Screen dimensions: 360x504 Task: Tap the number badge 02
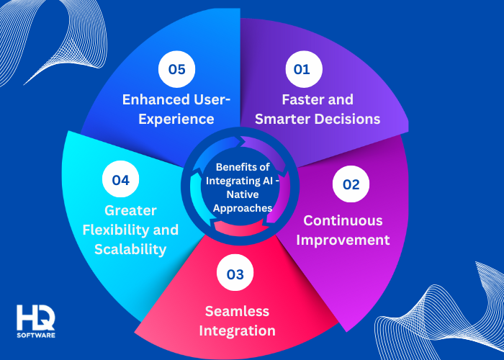pyautogui.click(x=351, y=184)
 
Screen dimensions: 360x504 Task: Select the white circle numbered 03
pyautogui.click(x=235, y=274)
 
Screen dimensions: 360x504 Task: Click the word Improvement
pyautogui.click(x=346, y=239)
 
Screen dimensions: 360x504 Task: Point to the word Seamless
pyautogui.click(x=236, y=311)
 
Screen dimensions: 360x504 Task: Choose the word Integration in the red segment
pyautogui.click(x=237, y=330)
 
